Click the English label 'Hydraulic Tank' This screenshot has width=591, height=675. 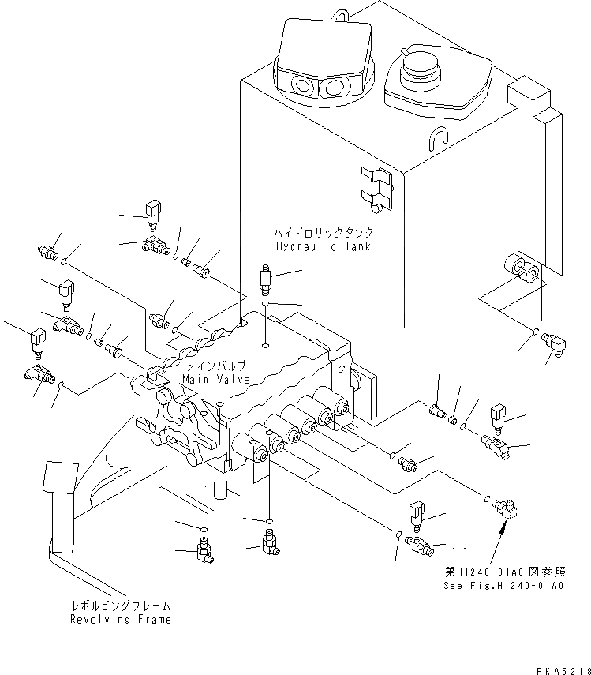tap(324, 247)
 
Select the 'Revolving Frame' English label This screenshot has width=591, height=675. tap(119, 620)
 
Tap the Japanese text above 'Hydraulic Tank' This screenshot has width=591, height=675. tap(324, 234)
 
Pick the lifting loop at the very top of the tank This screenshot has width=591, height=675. tap(340, 12)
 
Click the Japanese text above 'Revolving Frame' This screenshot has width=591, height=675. tap(119, 606)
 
